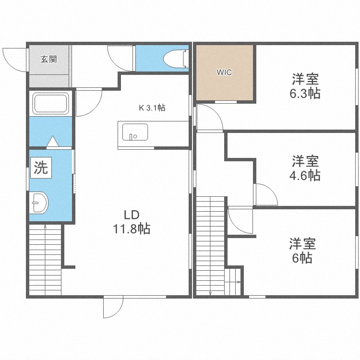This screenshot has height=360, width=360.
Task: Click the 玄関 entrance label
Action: click(x=48, y=60)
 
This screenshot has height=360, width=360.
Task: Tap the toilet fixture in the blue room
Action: click(x=176, y=59)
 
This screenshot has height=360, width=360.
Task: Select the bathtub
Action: click(x=51, y=104)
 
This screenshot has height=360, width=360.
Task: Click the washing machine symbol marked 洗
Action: click(x=41, y=168)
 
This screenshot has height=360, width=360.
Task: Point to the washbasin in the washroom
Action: click(x=39, y=203)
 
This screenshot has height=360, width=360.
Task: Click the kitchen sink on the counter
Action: click(x=135, y=132)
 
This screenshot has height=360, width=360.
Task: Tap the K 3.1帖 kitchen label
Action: click(x=152, y=108)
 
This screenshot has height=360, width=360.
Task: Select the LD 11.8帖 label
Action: click(x=132, y=222)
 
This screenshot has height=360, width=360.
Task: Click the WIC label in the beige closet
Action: click(x=224, y=72)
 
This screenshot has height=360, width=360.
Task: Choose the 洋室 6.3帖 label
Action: click(x=305, y=86)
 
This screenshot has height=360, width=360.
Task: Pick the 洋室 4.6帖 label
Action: click(x=305, y=168)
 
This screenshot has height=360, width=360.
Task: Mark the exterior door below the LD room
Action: click(x=113, y=307)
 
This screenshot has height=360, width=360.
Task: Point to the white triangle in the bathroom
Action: click(x=53, y=141)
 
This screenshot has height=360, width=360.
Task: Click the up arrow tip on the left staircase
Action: click(x=45, y=226)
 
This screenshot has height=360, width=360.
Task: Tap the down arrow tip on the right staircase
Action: click(x=210, y=293)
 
